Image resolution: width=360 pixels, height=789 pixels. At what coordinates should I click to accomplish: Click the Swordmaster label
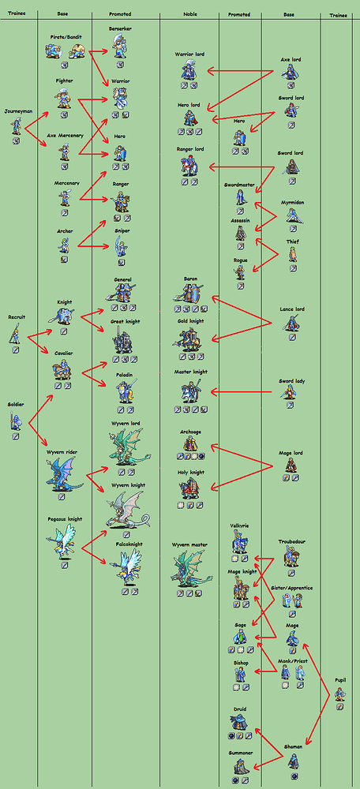pos(239,185)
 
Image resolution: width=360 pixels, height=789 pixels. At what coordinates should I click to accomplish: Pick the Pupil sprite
pos(339,694)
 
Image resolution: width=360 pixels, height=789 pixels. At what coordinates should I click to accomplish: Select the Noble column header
pos(190,14)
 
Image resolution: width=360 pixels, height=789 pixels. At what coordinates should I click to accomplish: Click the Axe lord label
pos(290,59)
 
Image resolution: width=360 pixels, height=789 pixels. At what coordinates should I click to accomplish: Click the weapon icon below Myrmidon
pos(293,226)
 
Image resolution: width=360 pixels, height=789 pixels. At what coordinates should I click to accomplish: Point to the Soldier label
pos(15,405)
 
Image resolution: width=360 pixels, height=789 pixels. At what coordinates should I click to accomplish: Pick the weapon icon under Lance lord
pos(293,338)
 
